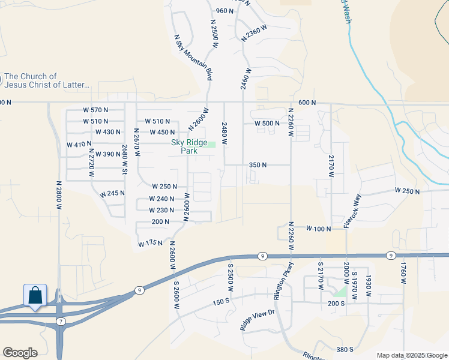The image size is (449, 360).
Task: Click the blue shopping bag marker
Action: (x=35, y=295)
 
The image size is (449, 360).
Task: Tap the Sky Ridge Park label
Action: (x=185, y=146)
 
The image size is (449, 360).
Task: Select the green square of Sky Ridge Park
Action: (x=211, y=144)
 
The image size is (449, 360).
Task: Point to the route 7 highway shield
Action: (x=61, y=322)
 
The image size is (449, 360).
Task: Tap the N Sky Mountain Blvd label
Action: (x=193, y=57)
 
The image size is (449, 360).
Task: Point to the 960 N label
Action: (x=224, y=11)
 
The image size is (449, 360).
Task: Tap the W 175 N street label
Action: (x=151, y=244)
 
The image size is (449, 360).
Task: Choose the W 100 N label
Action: (x=319, y=229)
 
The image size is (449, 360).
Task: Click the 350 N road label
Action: (x=257, y=164)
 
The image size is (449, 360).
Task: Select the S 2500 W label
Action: (x=229, y=272)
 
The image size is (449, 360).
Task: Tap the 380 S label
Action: (x=345, y=349)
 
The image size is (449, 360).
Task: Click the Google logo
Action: (x=20, y=353)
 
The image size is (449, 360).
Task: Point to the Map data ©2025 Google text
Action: (x=411, y=355)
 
